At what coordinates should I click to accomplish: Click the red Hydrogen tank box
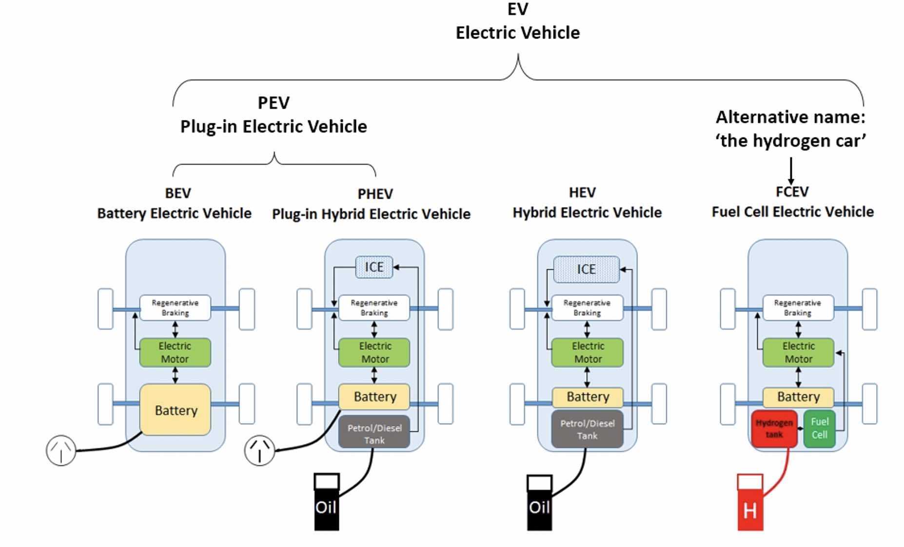pos(774,429)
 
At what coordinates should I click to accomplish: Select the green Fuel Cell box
pos(819,429)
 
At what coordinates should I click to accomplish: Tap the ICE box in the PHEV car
pos(374,267)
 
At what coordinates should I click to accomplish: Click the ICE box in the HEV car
pos(586,269)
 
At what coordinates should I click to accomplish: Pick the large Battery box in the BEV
pos(176,410)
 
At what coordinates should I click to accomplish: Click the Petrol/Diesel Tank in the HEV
pos(587,430)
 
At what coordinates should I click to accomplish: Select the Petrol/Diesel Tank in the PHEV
pos(374,433)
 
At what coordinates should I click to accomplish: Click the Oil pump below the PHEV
pos(326,503)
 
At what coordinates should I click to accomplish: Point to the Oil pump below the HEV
pos(539,503)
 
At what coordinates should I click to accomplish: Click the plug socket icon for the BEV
pos(61,450)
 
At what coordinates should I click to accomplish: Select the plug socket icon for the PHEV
pos(259,450)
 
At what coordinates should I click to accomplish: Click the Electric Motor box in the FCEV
pos(798,352)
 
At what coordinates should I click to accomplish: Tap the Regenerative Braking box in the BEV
pos(175,308)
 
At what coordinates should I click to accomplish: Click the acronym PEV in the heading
pos(274,103)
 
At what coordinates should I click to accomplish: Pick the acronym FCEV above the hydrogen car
pos(792,192)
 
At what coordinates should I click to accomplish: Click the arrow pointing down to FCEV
pos(791,171)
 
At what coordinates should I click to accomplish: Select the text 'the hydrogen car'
pos(790,141)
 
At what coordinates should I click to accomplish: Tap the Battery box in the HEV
pos(588,397)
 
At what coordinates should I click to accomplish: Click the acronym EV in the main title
pos(517,9)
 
